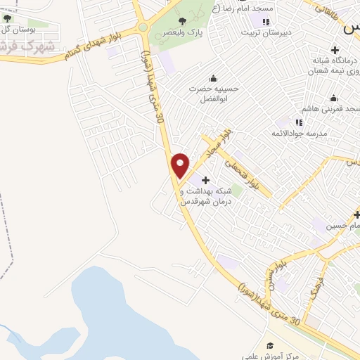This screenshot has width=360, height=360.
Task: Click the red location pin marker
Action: pos(181,165)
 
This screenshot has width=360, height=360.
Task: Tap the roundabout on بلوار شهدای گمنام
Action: pos(143,27)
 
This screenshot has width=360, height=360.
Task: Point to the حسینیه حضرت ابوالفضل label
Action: pos(214,94)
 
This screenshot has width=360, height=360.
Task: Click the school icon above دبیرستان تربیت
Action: pos(265,21)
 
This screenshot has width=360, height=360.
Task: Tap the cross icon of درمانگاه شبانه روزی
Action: pos(335,50)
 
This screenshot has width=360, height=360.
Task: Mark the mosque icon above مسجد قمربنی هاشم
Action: pos(333,98)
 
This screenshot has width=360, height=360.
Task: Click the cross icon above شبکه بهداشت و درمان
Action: pos(205,181)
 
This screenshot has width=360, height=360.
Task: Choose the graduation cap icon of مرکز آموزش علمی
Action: pos(270,345)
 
